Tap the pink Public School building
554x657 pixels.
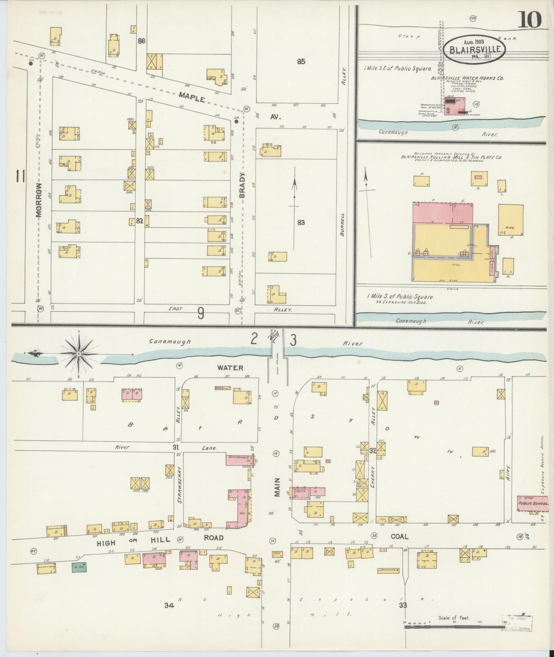[532, 503]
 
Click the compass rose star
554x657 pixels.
[78, 354]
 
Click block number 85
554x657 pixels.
[301, 62]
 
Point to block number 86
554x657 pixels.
[142, 41]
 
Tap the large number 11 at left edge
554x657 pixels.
[20, 177]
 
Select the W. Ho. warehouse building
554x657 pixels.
[511, 220]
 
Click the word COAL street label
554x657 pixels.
[399, 546]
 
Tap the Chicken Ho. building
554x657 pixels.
[388, 570]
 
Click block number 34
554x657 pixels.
[169, 605]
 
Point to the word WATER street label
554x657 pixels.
[230, 368]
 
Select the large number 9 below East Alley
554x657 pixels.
[201, 313]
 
